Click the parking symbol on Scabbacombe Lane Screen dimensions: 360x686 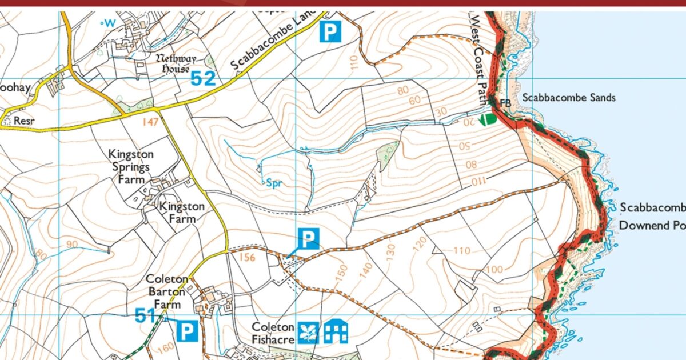329,31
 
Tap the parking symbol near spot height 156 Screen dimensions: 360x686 308,239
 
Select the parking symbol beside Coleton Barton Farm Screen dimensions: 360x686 187,331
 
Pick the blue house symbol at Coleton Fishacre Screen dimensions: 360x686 336,331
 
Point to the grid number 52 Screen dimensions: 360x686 204,78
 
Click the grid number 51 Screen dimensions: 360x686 145,315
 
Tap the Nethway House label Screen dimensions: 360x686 176,63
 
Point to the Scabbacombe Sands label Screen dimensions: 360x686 569,98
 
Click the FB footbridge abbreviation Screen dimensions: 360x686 505,103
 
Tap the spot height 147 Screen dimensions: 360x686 149,121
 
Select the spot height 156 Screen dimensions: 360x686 247,257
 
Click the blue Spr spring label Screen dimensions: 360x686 275,183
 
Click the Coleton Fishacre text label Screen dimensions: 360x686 273,333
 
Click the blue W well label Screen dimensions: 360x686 109,23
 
